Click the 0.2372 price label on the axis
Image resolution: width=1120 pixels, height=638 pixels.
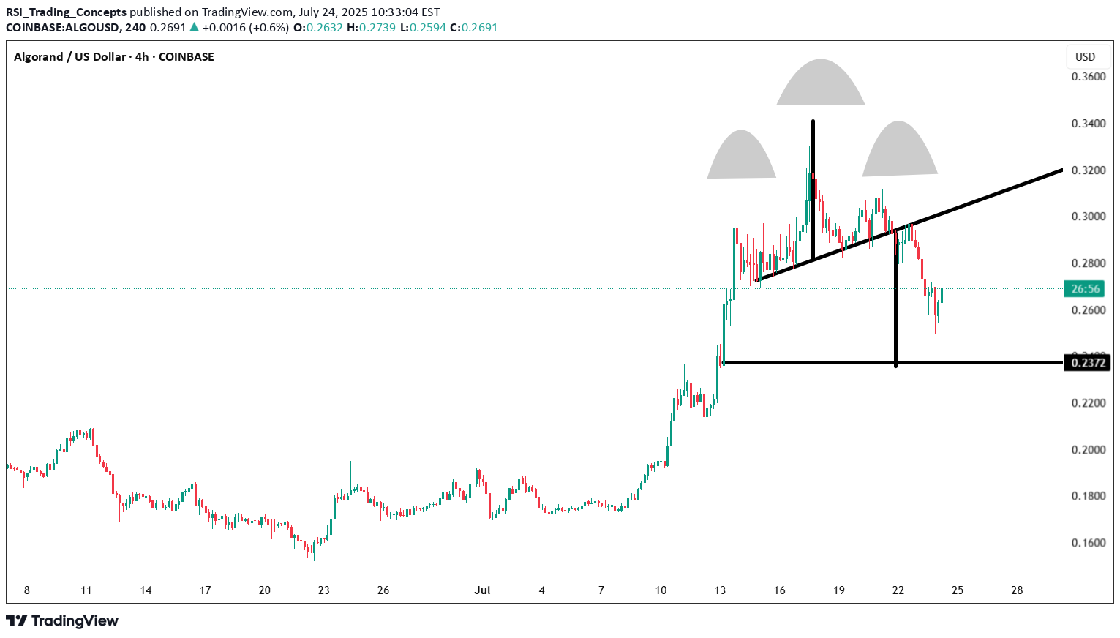point(1088,362)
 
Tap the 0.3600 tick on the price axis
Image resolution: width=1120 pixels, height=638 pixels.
point(1088,77)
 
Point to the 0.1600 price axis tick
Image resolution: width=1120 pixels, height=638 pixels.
point(1088,543)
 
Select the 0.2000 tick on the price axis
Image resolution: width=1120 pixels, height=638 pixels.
point(1088,450)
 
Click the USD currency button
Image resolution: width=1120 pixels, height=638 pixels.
point(1085,57)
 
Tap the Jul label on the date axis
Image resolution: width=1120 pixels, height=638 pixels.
point(482,590)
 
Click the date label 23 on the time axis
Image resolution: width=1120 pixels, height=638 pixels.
point(324,590)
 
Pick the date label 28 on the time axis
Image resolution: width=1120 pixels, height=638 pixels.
point(1017,590)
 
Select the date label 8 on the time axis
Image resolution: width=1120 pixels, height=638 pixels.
point(27,590)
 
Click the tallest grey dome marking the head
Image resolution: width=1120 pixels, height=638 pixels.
point(821,84)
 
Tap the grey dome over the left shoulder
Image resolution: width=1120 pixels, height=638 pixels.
point(742,157)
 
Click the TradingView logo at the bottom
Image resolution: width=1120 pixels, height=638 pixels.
point(63,621)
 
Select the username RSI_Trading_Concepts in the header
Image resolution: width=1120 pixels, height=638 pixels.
point(66,12)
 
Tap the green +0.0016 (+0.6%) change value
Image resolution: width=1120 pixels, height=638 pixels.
point(245,28)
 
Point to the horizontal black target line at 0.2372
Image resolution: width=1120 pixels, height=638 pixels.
point(805,362)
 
